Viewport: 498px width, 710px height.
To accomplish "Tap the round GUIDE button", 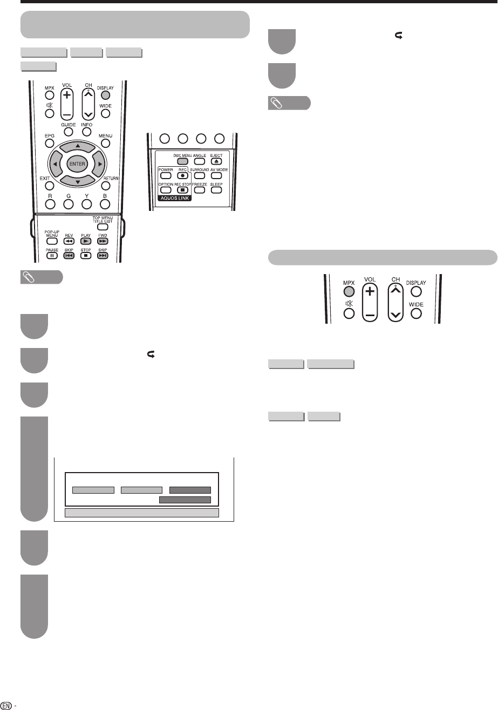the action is click(x=68, y=132).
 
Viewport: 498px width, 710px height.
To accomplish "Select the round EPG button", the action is click(x=49, y=144).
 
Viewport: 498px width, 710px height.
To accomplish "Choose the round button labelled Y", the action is click(x=86, y=204).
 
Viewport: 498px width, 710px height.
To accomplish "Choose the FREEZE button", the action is click(x=199, y=190).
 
